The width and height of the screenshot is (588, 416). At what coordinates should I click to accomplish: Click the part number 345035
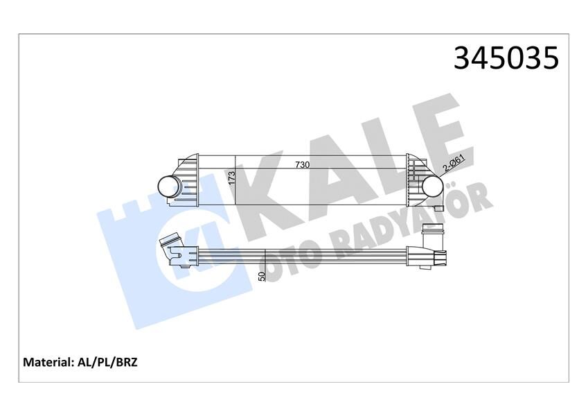(506, 58)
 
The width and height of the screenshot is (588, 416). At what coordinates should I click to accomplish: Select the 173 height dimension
(233, 179)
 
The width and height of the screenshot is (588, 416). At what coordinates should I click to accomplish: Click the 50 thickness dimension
(261, 277)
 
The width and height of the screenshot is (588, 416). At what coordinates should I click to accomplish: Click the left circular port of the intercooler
(169, 185)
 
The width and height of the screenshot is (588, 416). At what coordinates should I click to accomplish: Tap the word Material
(48, 362)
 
